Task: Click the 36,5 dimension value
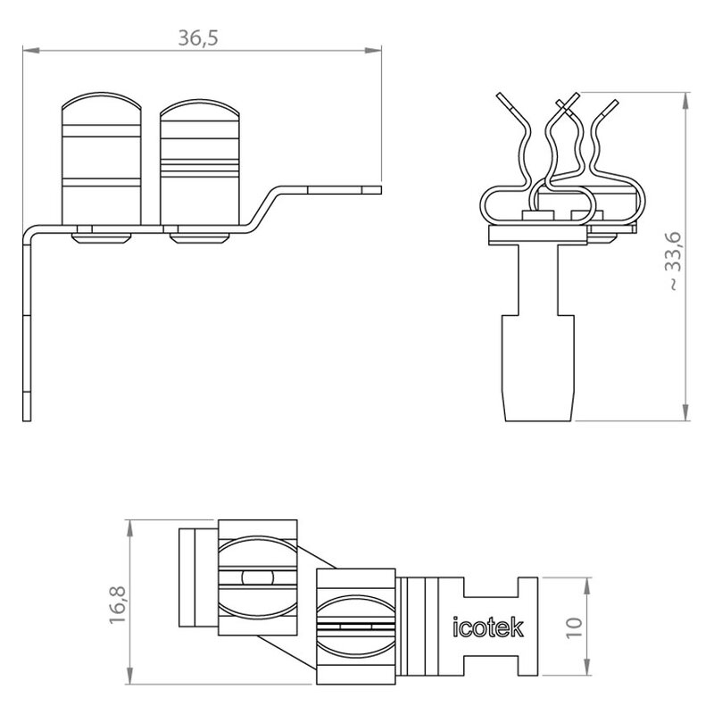coord(198,37)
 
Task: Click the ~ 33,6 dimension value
coord(674,261)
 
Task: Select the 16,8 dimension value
coord(118,604)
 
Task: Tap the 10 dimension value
coord(574,627)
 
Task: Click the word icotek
coord(487,627)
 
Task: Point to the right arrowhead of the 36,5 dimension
coord(373,50)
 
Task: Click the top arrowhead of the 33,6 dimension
coord(685,101)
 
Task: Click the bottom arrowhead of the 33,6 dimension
coord(685,412)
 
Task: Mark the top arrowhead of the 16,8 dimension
coord(130,528)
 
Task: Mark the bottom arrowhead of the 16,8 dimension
coord(130,676)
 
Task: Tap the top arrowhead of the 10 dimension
coord(587,585)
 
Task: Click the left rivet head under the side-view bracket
coord(101,238)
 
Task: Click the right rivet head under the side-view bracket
coord(199,238)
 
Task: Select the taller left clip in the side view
coord(102,159)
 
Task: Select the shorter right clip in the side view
coord(200,162)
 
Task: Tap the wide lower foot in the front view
coord(538,368)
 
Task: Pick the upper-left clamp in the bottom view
coord(258,577)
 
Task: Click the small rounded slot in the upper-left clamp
coord(258,577)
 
